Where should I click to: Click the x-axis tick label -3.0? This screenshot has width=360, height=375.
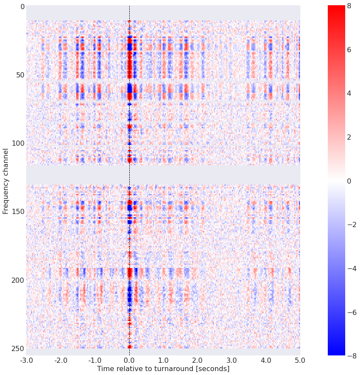tap(26, 361)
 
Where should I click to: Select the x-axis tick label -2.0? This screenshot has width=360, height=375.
tap(61, 361)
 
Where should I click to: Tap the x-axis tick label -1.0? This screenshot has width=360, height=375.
tap(95, 361)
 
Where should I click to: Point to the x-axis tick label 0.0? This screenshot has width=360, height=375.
tap(129, 361)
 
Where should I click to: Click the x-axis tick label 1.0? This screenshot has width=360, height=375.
tap(163, 361)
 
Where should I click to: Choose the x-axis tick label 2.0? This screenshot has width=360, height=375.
tap(198, 361)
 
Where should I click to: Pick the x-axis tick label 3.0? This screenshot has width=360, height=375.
tap(232, 361)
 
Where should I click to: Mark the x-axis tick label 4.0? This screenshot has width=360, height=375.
tap(266, 361)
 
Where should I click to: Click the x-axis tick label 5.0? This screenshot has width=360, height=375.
tap(300, 361)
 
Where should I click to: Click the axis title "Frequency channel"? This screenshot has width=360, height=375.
tap(6, 181)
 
